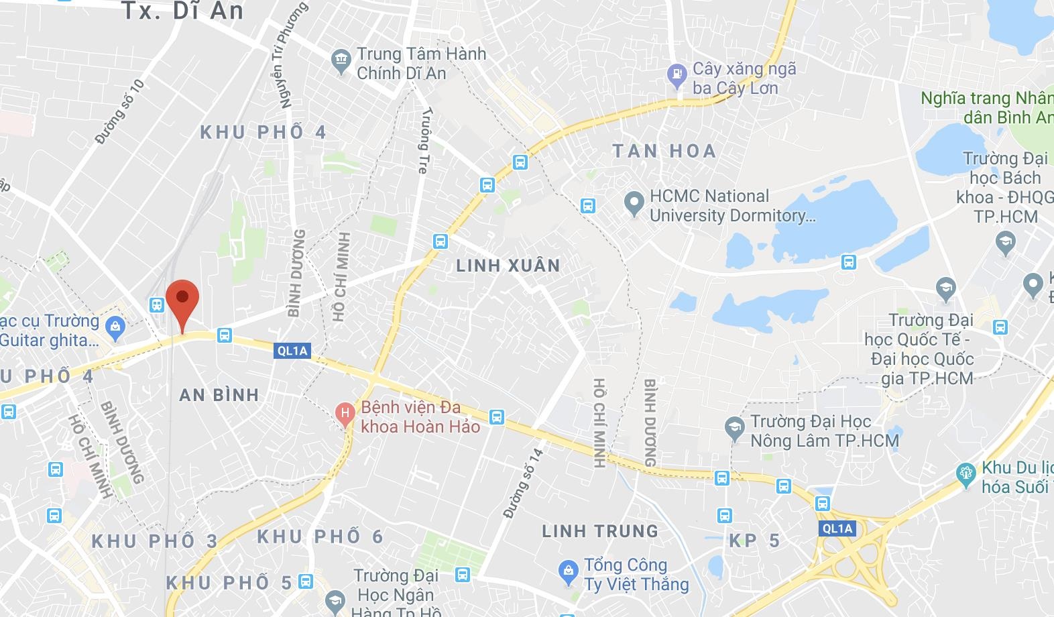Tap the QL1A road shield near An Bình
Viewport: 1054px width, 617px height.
coord(292,351)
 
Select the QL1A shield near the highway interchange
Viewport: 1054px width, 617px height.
coord(837,528)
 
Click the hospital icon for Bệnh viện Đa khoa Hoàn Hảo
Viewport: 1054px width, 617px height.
coord(345,412)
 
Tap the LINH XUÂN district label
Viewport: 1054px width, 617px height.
coord(508,266)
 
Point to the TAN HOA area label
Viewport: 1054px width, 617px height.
coord(664,151)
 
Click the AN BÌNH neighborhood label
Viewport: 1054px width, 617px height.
coord(219,395)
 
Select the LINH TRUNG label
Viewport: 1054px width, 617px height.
coord(600,532)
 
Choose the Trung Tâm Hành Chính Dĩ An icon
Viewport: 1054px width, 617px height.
coord(341,60)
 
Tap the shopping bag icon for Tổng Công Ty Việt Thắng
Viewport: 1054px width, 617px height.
coord(569,572)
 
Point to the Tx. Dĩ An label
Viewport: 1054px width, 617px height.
coord(182,11)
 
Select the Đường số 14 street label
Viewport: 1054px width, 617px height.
coord(523,483)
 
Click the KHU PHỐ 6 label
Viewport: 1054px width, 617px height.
coord(320,537)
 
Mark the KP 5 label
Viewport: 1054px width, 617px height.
coord(754,541)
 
